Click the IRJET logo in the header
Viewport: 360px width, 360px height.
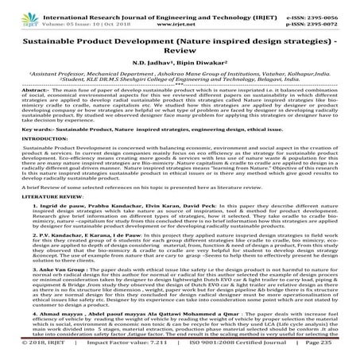tap(17, 11)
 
